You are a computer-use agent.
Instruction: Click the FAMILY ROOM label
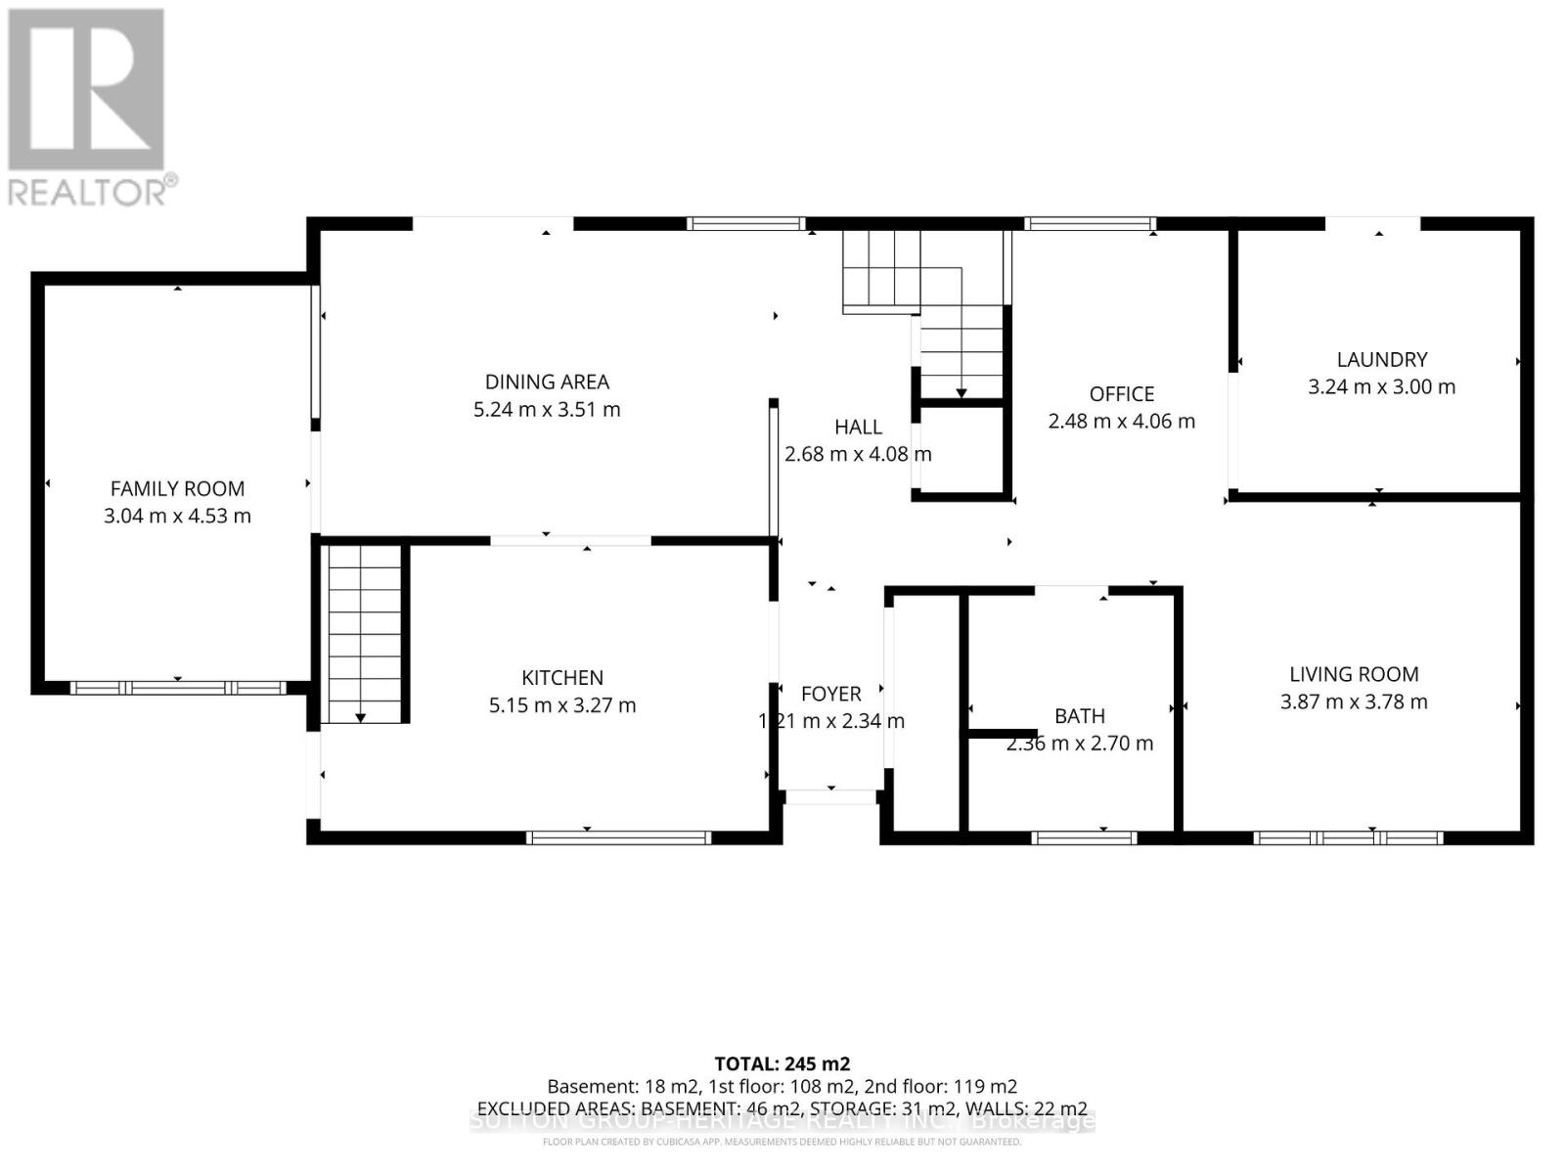coord(177,488)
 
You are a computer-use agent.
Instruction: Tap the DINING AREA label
coord(547,382)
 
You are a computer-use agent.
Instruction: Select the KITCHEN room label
coord(562,677)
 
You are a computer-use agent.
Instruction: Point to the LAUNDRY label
coord(1382,359)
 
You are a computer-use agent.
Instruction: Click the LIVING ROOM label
coord(1354,674)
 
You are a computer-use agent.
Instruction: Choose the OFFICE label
coord(1122,393)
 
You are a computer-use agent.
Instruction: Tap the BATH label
coord(1080,716)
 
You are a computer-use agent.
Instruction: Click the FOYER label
coord(831,694)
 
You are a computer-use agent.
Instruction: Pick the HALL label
coord(858,427)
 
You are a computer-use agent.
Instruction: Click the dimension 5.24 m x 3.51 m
coord(547,409)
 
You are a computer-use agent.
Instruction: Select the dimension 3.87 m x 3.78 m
coord(1354,701)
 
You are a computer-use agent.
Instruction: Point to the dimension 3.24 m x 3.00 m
coord(1382,386)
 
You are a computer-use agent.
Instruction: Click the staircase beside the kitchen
coord(363,633)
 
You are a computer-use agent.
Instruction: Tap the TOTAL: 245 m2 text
coord(782,1063)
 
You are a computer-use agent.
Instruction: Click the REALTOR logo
coord(87,107)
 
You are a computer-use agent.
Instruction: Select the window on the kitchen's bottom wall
coord(618,837)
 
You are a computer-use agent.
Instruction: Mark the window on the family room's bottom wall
coord(178,688)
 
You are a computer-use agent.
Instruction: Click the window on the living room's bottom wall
coord(1348,837)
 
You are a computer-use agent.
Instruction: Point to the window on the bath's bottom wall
coord(1084,837)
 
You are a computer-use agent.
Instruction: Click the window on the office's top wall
coord(1090,224)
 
